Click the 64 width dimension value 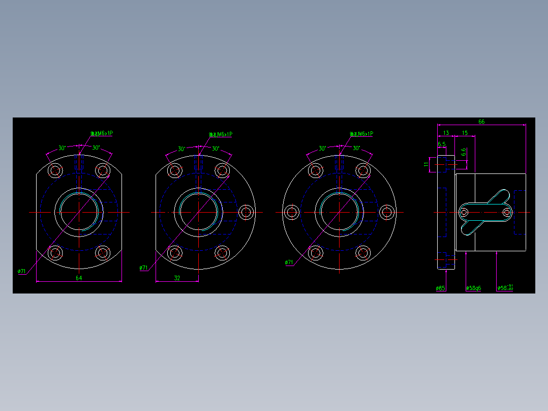click(79, 278)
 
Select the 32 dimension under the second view click(177, 278)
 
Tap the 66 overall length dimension click(481, 122)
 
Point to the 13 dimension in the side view click(446, 133)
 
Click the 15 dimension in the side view click(464, 133)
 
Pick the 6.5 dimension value click(441, 144)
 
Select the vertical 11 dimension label click(426, 164)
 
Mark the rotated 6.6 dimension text click(463, 152)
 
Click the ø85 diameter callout click(440, 288)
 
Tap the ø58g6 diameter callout click(473, 288)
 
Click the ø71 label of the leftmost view click(22, 271)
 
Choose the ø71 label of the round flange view click(289, 262)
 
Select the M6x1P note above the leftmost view click(101, 133)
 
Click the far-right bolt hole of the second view click(247, 212)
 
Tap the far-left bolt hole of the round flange click(292, 212)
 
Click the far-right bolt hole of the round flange click(387, 212)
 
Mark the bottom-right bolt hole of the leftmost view click(103, 252)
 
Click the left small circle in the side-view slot click(465, 212)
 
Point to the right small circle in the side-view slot click(507, 212)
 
